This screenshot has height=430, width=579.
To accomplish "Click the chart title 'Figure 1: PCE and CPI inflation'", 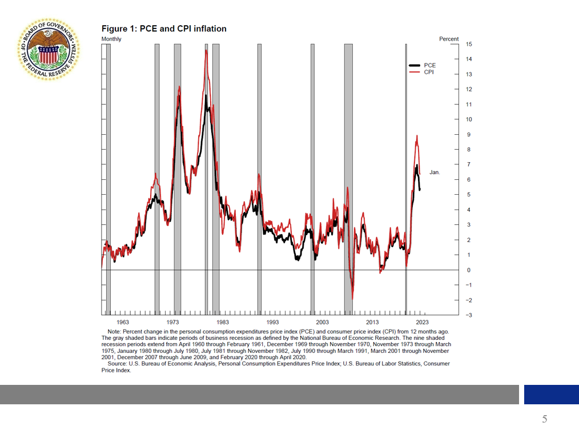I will [x=164, y=29].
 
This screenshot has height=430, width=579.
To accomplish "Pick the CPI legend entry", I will [x=428, y=72].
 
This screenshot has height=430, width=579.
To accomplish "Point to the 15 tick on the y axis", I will [x=469, y=44].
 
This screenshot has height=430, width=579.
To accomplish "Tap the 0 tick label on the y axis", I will [x=469, y=270].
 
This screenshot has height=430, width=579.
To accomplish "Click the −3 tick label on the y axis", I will [x=468, y=315].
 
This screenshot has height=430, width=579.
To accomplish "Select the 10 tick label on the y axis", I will [x=469, y=119].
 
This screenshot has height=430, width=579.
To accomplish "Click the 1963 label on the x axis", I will [x=115, y=323].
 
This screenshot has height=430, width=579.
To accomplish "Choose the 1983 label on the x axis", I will [x=223, y=323].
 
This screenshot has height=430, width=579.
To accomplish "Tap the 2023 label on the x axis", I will [x=423, y=323].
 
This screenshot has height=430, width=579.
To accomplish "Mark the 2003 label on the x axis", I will [x=323, y=323].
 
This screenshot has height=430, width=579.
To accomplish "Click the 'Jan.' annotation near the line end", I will [x=435, y=172].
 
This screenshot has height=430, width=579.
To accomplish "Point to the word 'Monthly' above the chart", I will [x=111, y=39].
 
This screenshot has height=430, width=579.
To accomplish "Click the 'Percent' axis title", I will [x=449, y=39].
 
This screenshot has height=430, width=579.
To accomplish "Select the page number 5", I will [x=544, y=419].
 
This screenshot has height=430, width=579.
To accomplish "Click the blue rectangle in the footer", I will [x=551, y=395].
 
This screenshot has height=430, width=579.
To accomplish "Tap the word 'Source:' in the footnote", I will [x=118, y=363].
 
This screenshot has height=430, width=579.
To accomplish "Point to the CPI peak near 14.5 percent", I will [x=206, y=51].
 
